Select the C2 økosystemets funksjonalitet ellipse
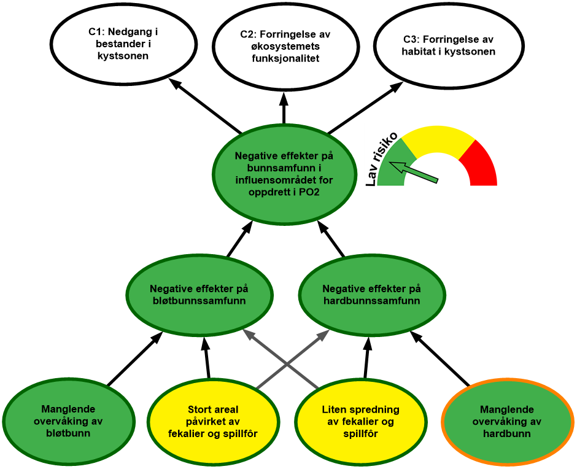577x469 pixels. (286, 46)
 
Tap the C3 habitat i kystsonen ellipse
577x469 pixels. (448, 46)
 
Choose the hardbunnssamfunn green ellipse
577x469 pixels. (371, 295)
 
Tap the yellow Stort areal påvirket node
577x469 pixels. (212, 422)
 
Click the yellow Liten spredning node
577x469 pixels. (360, 422)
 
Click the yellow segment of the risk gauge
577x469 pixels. (437, 139)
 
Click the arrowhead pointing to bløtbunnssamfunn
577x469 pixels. (247, 333)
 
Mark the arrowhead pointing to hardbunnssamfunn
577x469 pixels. (325, 333)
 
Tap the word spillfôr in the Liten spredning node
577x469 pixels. (360, 433)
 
